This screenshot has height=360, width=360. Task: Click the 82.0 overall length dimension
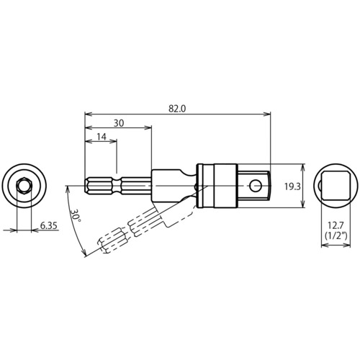coord(177,109)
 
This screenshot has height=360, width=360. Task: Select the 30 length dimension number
coord(119,123)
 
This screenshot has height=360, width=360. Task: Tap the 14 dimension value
coord(102,137)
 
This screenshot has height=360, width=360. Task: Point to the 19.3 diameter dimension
coord(292,186)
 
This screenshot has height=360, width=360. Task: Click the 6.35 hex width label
coord(48,225)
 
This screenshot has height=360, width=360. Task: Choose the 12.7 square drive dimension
coord(336,225)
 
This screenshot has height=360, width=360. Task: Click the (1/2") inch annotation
coord(336,235)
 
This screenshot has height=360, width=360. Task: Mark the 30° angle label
coord(75,215)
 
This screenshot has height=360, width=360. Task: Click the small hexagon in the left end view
coord(24,186)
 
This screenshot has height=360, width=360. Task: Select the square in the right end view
coord(336,186)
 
